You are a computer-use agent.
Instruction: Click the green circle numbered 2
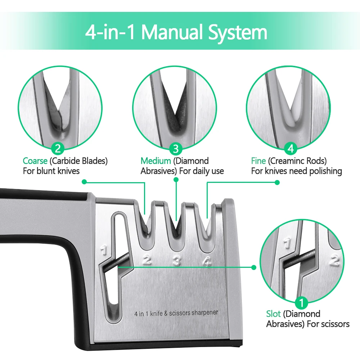pyautogui.click(x=58, y=148)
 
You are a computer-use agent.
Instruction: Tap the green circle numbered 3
pyautogui.click(x=176, y=149)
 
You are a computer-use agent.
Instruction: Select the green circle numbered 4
pyautogui.click(x=291, y=148)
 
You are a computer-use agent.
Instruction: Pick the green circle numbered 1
pyautogui.click(x=301, y=303)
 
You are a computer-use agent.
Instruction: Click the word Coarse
pyautogui.click(x=35, y=161)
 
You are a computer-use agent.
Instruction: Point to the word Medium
pyautogui.click(x=156, y=161)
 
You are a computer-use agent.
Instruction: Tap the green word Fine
pyautogui.click(x=258, y=161)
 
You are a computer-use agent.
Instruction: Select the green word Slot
pyautogui.click(x=273, y=314)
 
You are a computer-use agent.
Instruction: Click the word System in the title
pyautogui.click(x=238, y=32)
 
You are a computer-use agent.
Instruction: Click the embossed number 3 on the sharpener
pyautogui.click(x=176, y=261)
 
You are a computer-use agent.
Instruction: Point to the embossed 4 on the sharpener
pyautogui.click(x=207, y=261)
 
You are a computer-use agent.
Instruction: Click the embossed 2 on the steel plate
pyautogui.click(x=147, y=260)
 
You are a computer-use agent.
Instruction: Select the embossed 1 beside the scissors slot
pyautogui.click(x=104, y=250)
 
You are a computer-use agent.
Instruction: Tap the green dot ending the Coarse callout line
pyautogui.click(x=84, y=182)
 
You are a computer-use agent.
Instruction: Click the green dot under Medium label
pyautogui.click(x=176, y=180)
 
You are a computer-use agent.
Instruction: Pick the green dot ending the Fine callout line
pyautogui.click(x=277, y=183)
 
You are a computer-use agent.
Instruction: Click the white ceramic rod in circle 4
pyautogui.click(x=296, y=99)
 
